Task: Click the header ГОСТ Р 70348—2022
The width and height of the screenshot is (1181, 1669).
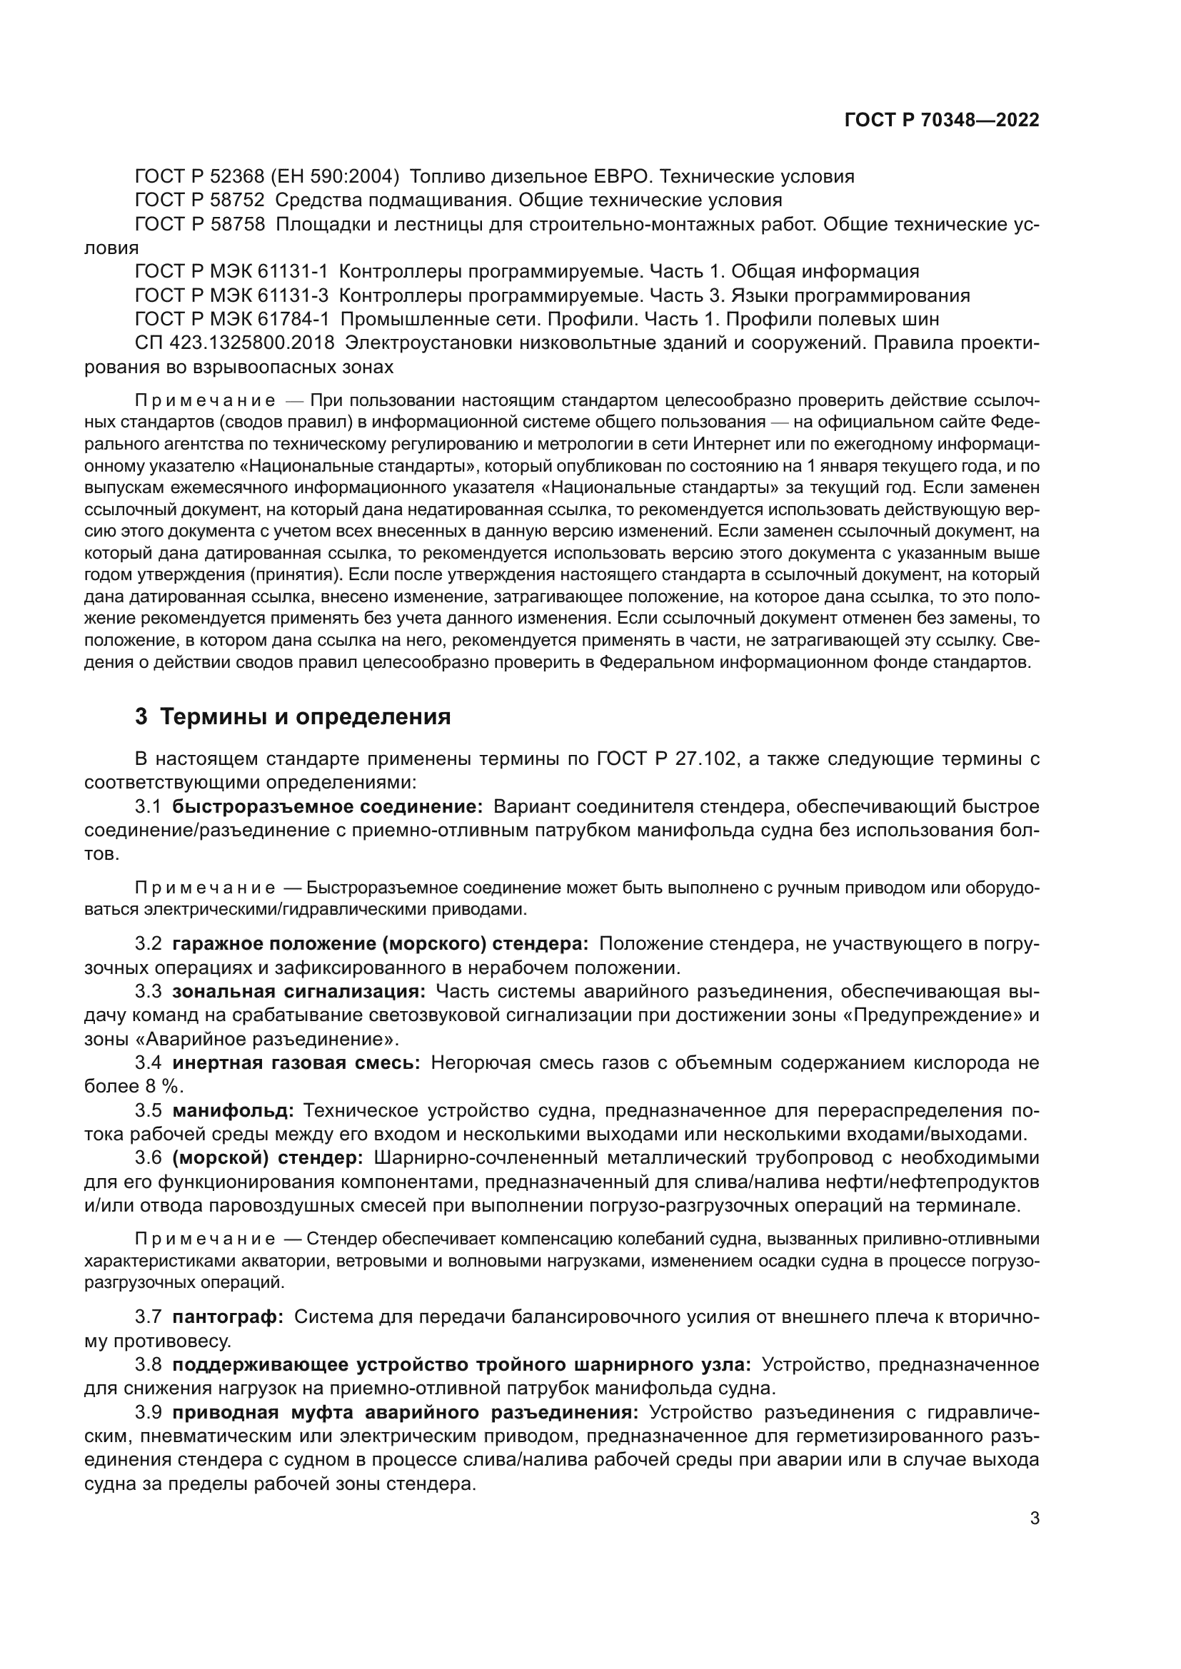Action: pos(942,121)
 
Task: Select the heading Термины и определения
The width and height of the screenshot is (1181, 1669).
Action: pos(306,717)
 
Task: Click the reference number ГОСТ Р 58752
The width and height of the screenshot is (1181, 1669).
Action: pos(199,201)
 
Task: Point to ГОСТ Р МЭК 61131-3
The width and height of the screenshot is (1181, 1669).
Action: pos(231,296)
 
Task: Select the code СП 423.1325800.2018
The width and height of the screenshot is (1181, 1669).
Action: pos(234,343)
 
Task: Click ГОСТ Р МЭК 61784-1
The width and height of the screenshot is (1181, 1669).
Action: pos(231,320)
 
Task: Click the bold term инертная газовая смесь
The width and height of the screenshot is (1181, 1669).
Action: pos(296,1063)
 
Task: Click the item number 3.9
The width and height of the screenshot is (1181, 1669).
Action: pos(149,1412)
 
